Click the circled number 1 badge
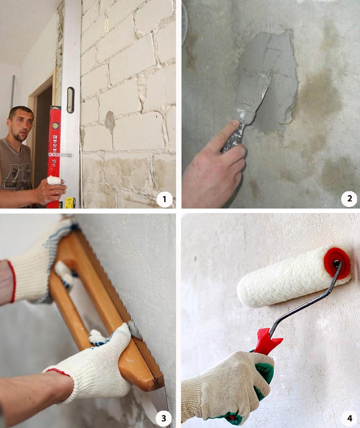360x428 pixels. (164, 199)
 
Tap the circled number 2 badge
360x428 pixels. (349, 199)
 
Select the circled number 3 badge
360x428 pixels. (164, 418)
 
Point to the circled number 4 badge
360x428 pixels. (350, 418)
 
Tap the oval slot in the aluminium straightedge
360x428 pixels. (70, 100)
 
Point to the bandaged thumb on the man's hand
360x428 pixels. (54, 180)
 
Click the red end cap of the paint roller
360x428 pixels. (337, 263)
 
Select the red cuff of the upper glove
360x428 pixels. (12, 281)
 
